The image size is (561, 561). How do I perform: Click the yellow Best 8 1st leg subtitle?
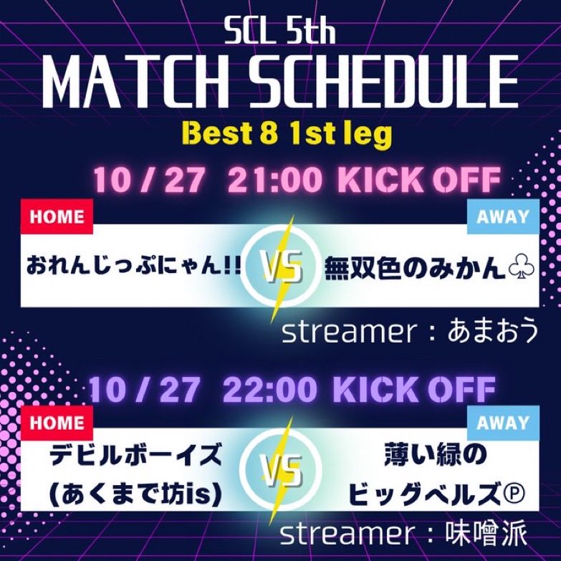pos(280,134)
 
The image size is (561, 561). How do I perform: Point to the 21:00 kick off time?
pos(274,181)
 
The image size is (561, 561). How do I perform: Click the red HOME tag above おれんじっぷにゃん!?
pos(57,216)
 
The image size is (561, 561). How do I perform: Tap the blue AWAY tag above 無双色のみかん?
pos(502,216)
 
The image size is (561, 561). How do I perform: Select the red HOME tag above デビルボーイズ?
pos(57,423)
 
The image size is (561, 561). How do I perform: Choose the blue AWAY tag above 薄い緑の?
pos(502,423)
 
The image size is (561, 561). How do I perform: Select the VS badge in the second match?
pos(280,474)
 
